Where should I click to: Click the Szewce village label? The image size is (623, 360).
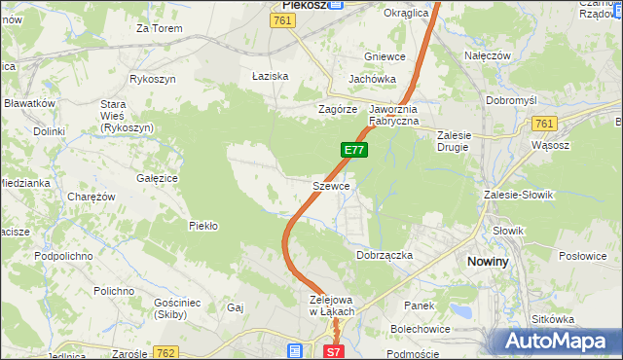click(x=331, y=185)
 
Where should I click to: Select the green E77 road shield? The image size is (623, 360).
click(x=353, y=150)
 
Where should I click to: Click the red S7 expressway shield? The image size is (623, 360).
click(x=333, y=352)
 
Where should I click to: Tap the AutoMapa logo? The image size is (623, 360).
click(x=559, y=341)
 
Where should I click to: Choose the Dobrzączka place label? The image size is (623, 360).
click(x=385, y=255)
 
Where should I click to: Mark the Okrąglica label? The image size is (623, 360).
click(x=406, y=14)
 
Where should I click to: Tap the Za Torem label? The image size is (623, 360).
click(x=160, y=28)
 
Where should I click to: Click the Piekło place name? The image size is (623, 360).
click(x=202, y=226)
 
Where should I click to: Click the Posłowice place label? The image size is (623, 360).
click(x=583, y=256)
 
